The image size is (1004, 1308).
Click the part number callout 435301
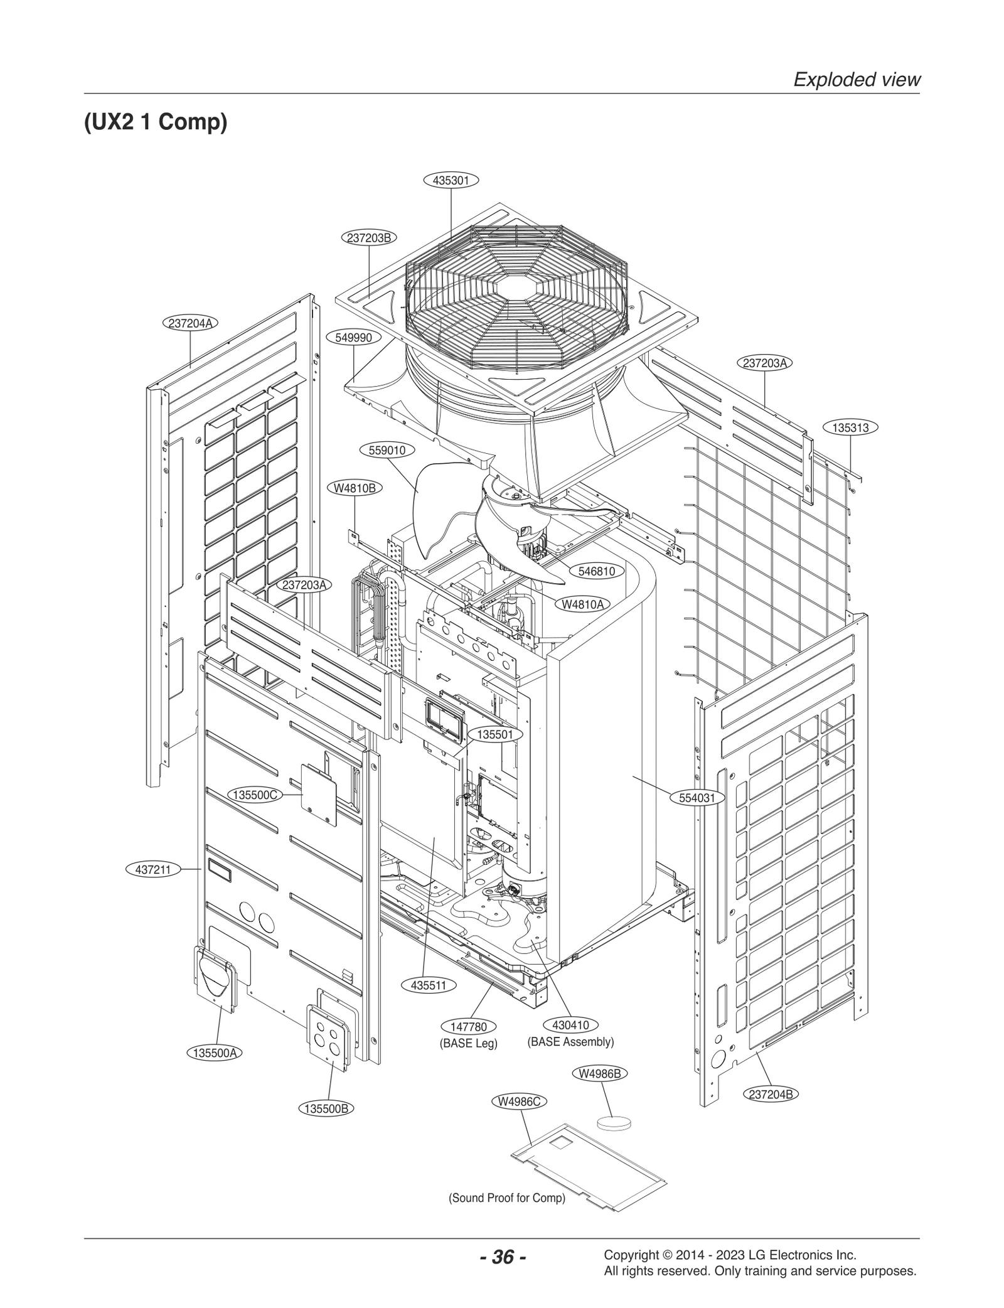tap(451, 181)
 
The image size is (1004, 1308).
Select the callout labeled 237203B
tap(369, 238)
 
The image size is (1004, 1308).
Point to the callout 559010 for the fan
tap(387, 450)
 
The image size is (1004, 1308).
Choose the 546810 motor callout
tap(596, 571)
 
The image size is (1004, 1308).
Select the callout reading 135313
tap(850, 427)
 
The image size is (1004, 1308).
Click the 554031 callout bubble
tap(701, 798)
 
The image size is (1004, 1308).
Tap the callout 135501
tap(494, 734)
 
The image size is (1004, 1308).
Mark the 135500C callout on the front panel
tap(255, 795)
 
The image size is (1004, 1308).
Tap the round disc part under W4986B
tap(613, 1122)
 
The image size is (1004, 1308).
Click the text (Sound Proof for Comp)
tap(506, 1198)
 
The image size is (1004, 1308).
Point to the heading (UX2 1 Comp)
tap(156, 122)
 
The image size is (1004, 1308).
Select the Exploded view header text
tap(857, 80)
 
